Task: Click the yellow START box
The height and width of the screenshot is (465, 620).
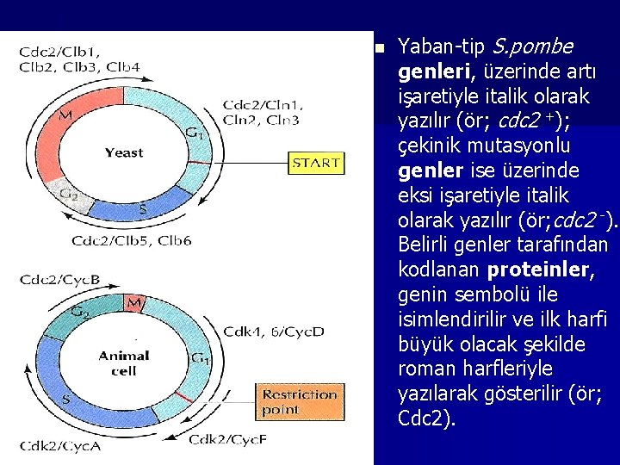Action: (316, 163)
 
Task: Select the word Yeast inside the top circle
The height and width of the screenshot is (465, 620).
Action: (124, 152)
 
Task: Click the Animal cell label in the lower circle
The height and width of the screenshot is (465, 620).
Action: (124, 363)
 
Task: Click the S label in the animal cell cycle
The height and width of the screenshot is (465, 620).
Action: (65, 400)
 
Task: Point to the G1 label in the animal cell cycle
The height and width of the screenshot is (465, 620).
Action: (199, 357)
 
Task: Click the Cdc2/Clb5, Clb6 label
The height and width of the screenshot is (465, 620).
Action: (133, 239)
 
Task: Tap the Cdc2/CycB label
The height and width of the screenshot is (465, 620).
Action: (59, 279)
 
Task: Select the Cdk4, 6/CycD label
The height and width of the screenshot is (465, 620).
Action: (274, 331)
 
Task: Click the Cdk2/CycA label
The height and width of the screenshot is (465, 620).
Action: (61, 445)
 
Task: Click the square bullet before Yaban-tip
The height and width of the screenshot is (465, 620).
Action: (380, 46)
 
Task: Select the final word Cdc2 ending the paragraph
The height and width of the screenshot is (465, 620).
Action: (424, 418)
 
